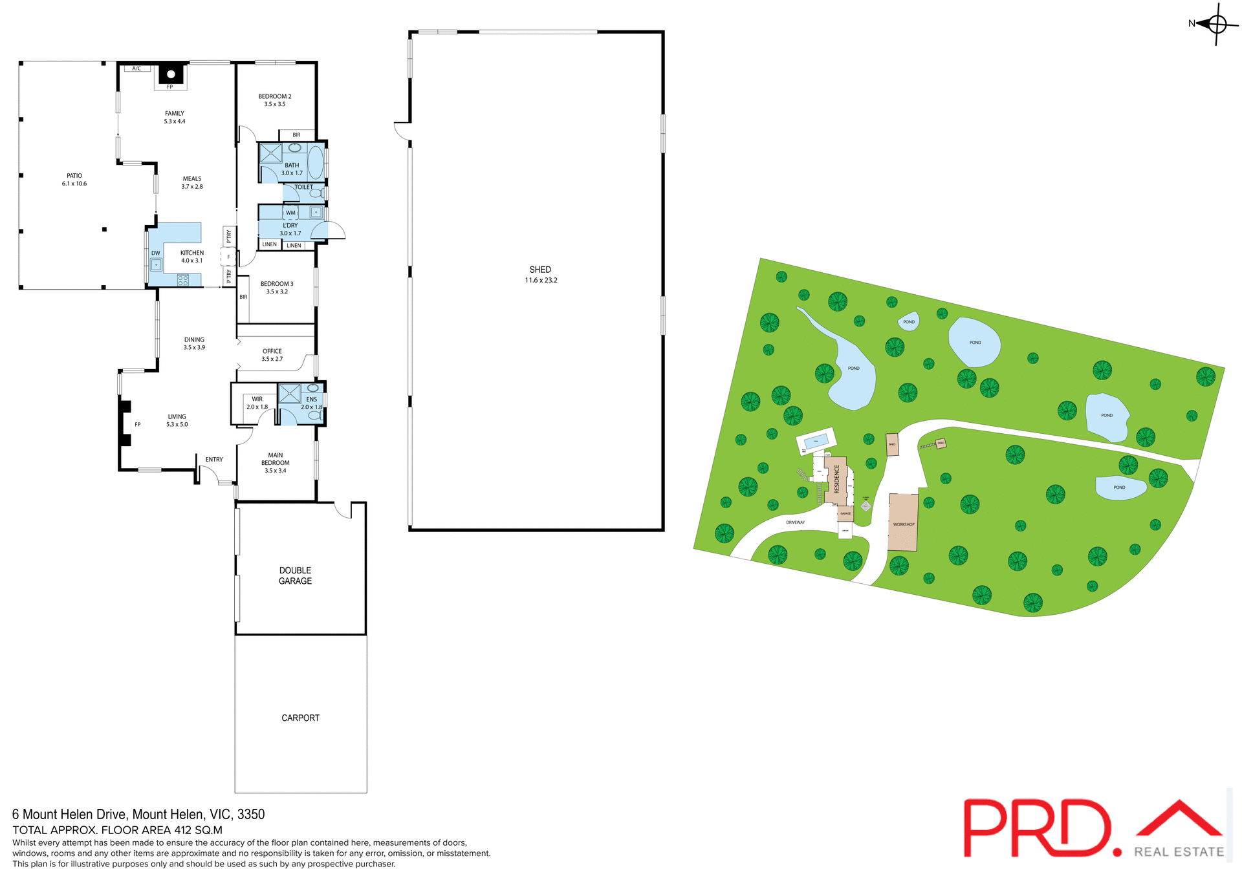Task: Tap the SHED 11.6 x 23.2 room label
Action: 541,275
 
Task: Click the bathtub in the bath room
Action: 316,162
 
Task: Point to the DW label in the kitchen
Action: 155,253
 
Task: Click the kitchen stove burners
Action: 183,280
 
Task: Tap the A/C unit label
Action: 136,69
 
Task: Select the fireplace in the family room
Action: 171,74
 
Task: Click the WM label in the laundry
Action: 290,213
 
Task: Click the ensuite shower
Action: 289,394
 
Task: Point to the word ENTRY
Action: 214,460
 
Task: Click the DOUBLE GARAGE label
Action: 296,575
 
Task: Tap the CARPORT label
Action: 301,718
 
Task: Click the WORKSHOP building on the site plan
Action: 903,522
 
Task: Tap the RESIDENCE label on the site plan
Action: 836,479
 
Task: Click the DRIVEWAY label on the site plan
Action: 795,522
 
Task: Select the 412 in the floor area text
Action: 184,830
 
